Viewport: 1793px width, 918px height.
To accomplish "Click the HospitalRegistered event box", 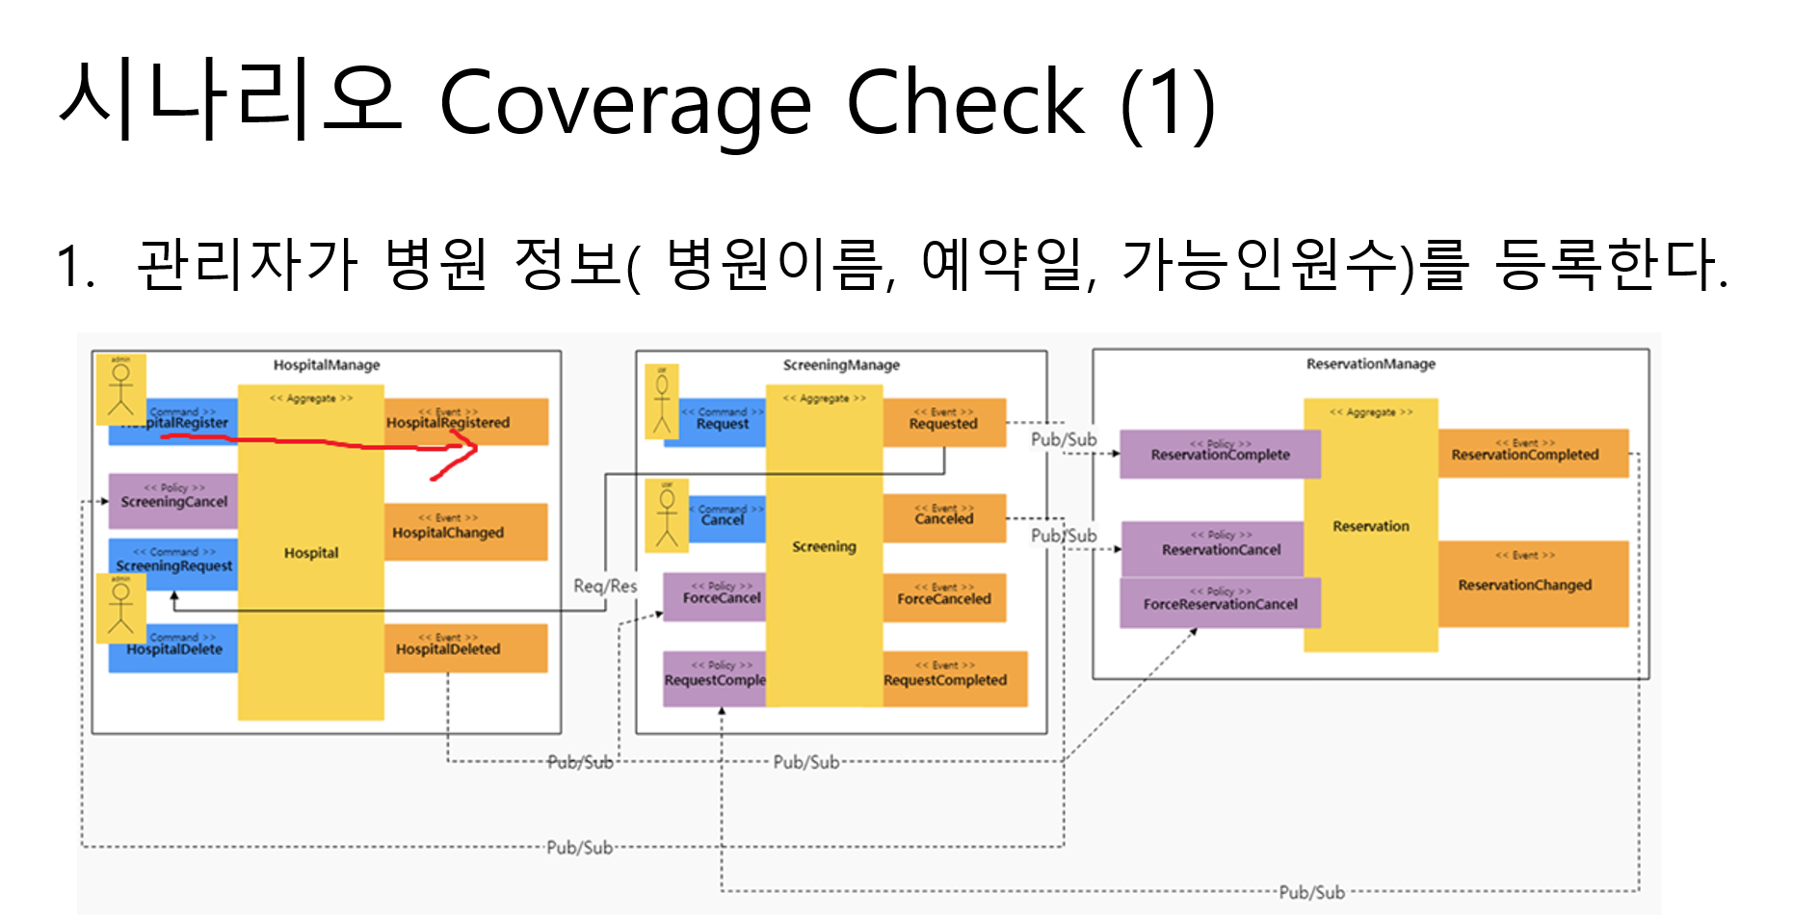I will [x=466, y=421].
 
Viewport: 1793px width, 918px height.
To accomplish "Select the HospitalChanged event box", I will [x=465, y=532].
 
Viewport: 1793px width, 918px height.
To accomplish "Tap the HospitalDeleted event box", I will [x=465, y=648].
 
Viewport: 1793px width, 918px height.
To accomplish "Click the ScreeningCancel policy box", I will [x=172, y=501].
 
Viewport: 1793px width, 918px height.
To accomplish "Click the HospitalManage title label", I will [x=326, y=365].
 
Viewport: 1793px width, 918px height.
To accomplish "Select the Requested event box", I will [x=943, y=422].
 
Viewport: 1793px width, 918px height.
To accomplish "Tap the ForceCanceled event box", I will [x=943, y=597].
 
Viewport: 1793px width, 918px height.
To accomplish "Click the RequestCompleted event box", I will [x=954, y=678].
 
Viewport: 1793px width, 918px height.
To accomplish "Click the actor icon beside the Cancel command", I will [x=667, y=515].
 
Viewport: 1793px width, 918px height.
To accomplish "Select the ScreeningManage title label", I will [x=840, y=365].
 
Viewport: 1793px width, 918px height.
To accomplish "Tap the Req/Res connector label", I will [x=605, y=586].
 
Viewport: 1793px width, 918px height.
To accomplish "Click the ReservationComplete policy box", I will [x=1219, y=454].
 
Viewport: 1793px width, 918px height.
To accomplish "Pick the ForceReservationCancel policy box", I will [x=1219, y=603].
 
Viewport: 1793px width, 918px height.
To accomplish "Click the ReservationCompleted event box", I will [x=1532, y=453].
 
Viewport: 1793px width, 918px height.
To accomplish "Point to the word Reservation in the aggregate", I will [x=1370, y=526].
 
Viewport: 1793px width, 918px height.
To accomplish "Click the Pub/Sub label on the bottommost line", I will [x=1311, y=892].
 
